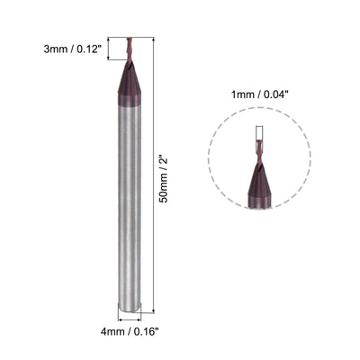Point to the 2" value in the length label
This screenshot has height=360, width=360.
click(x=163, y=162)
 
